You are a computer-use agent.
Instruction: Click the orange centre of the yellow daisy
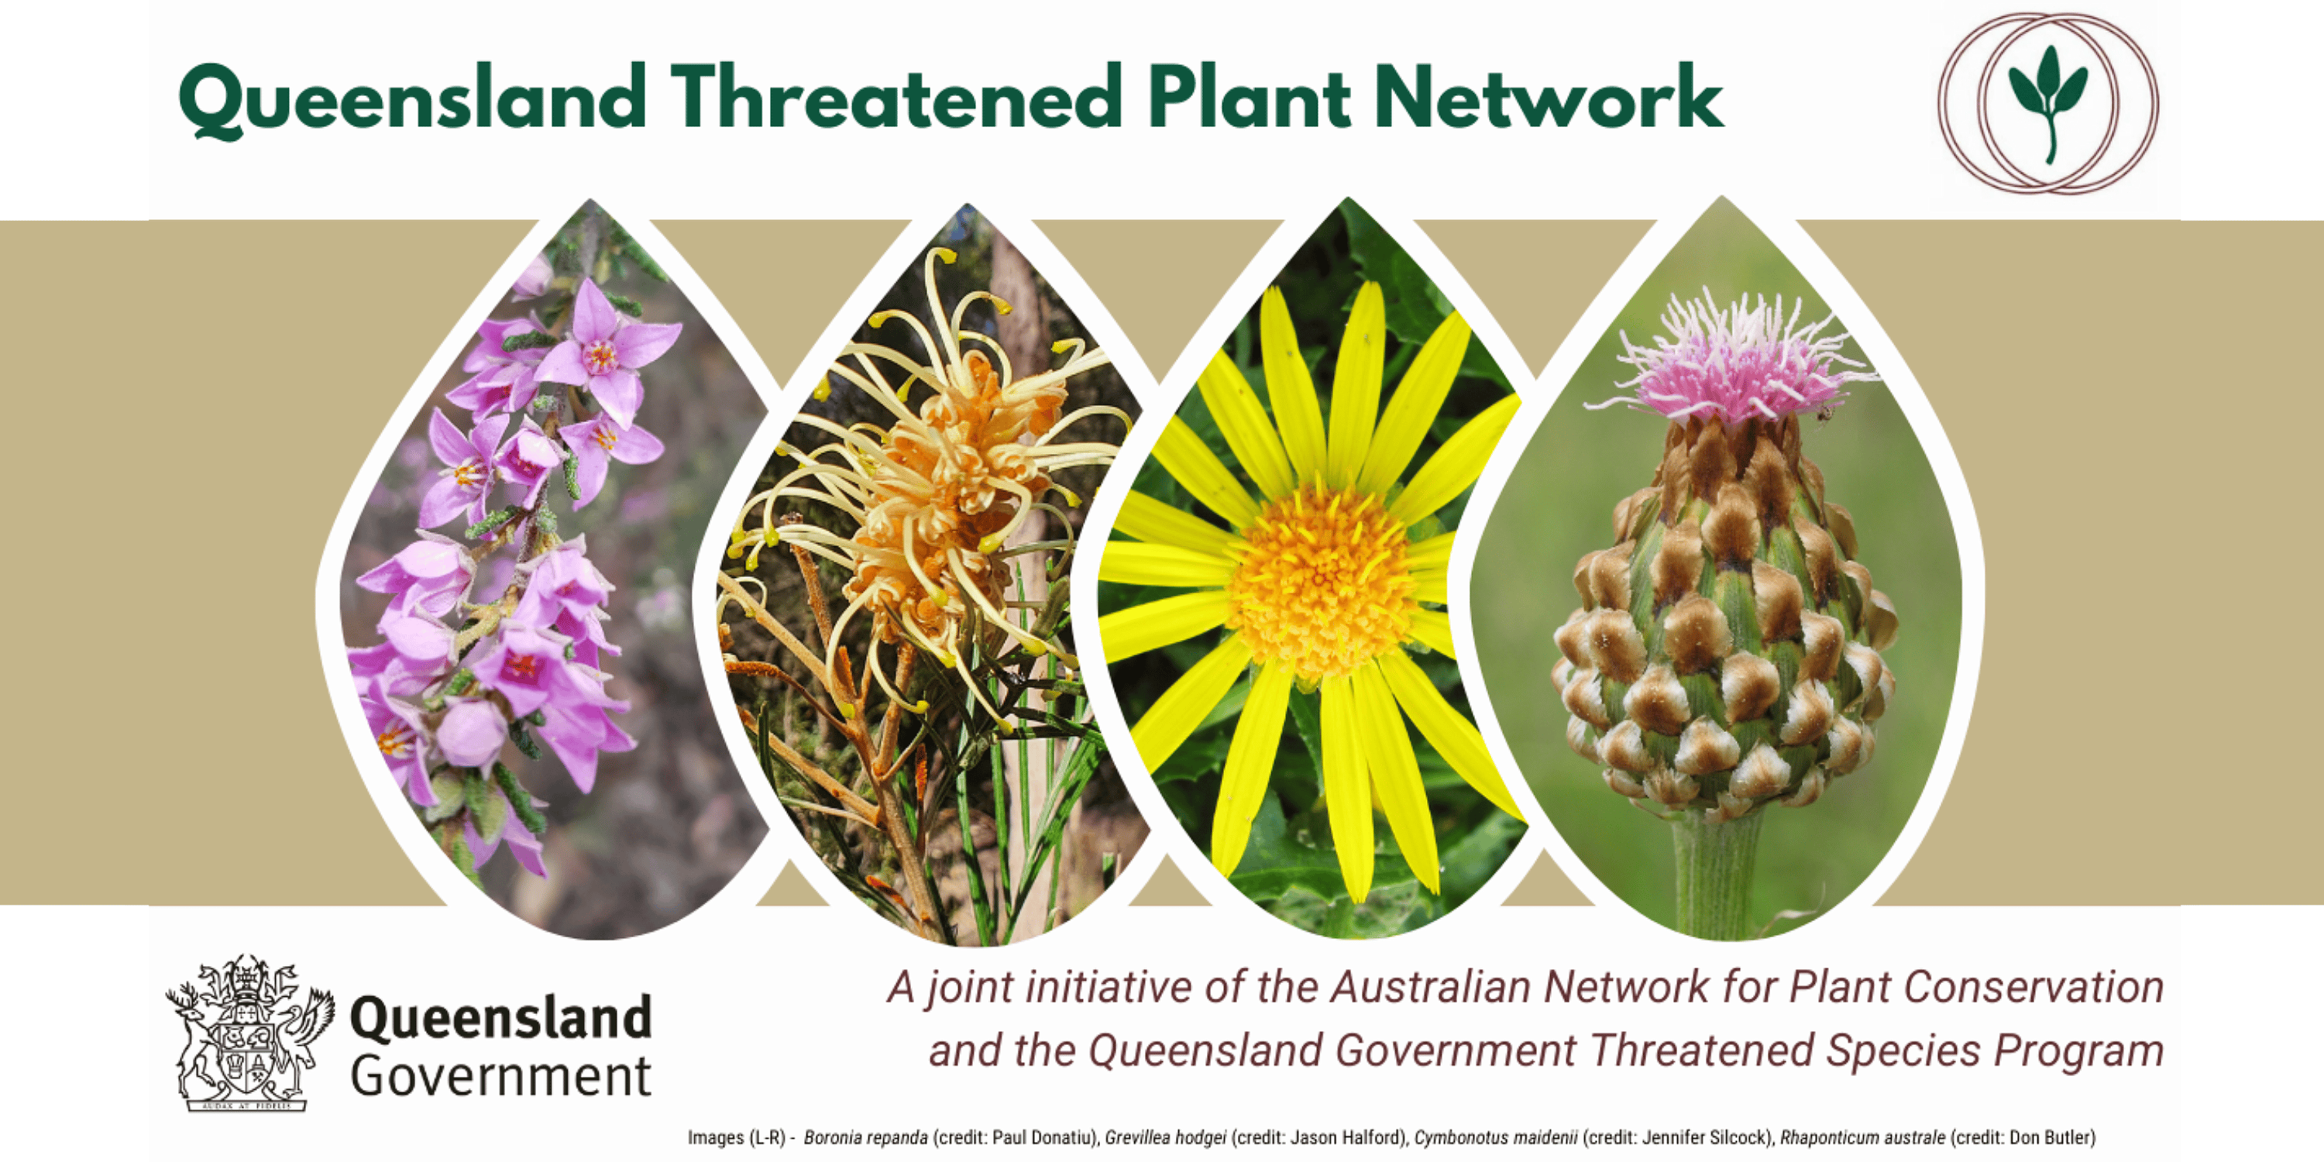pos(1321,582)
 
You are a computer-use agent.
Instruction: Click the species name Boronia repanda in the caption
pos(865,1139)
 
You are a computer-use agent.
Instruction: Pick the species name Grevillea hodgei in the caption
pos(1164,1139)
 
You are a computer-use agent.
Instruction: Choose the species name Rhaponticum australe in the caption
pos(1862,1139)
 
